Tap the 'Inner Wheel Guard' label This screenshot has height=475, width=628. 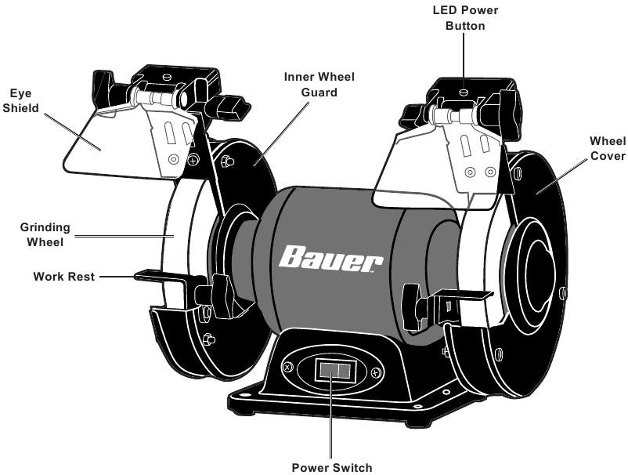point(319,84)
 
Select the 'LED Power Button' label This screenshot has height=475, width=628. point(465,17)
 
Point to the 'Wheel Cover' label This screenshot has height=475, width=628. point(607,148)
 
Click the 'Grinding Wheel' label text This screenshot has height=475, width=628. point(45,234)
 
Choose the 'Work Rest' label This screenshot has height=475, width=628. point(63,277)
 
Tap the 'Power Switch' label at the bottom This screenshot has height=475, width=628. point(332,467)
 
